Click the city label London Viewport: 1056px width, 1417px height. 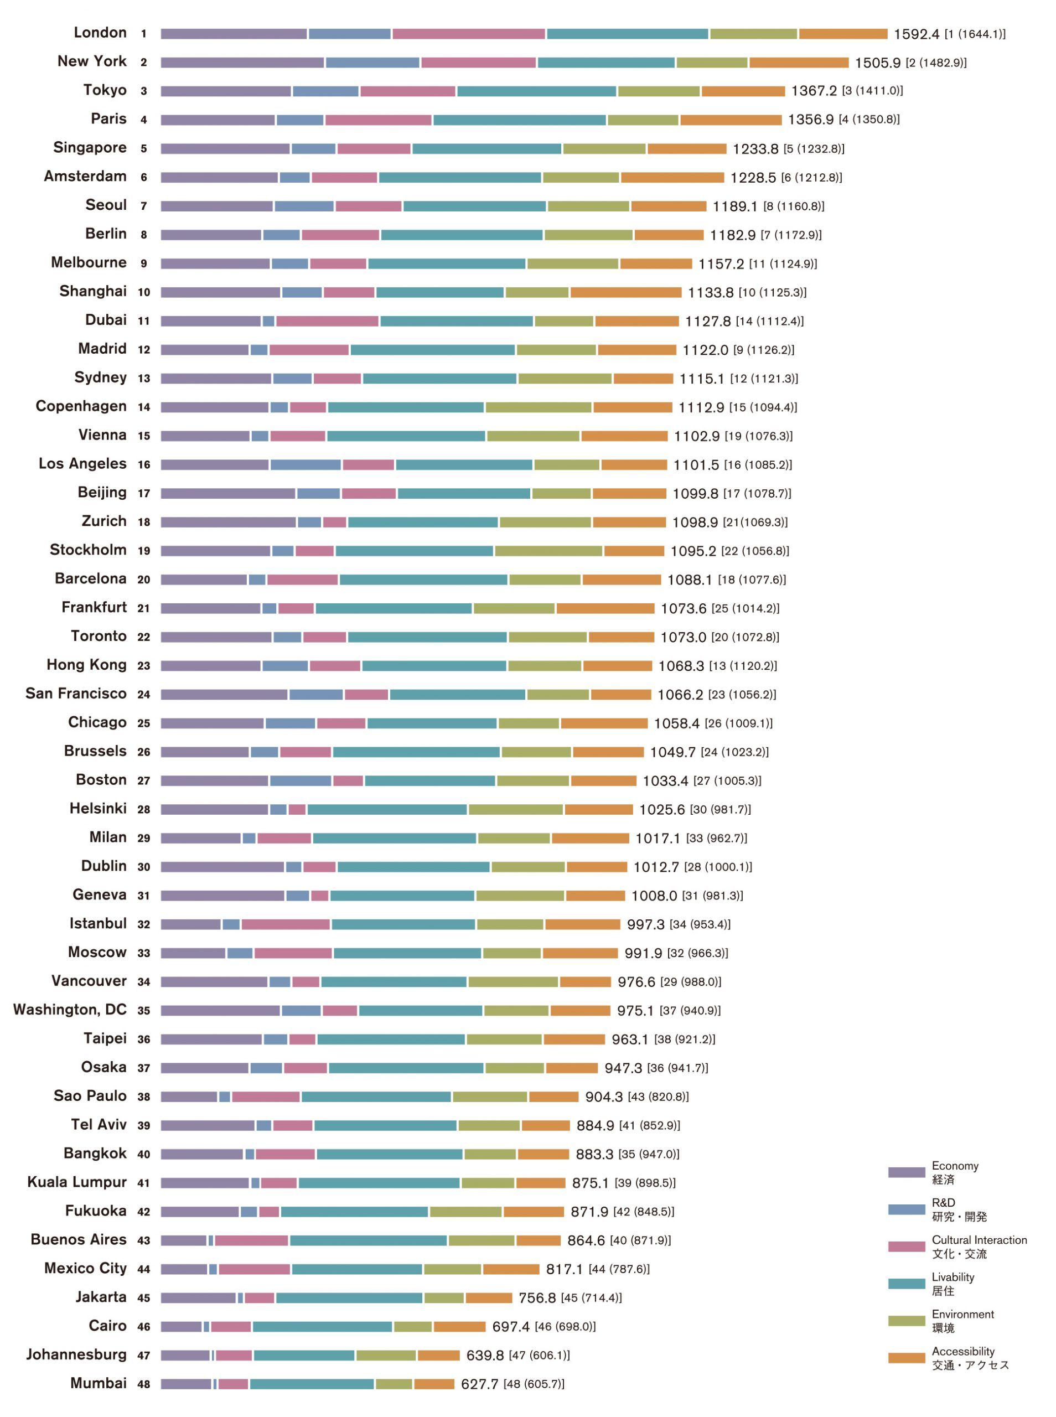100,33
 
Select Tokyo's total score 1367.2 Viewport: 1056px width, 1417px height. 813,91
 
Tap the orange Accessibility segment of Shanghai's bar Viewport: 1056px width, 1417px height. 625,292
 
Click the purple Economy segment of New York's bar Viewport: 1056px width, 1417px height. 242,63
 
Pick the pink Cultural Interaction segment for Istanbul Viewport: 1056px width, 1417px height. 285,924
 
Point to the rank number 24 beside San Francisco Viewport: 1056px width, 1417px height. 144,695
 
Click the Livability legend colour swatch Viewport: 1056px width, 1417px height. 906,1284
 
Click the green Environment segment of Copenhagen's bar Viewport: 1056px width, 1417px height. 537,407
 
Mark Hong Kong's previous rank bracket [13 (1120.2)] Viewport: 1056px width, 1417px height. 743,666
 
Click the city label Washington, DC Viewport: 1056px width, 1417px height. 70,1010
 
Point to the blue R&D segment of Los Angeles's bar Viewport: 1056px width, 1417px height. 305,464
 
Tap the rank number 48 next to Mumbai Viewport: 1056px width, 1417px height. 144,1384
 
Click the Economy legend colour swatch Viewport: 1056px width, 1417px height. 906,1172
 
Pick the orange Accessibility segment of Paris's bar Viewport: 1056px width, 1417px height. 730,120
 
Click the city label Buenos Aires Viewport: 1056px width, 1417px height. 79,1240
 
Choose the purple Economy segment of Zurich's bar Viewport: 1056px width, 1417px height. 227,522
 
